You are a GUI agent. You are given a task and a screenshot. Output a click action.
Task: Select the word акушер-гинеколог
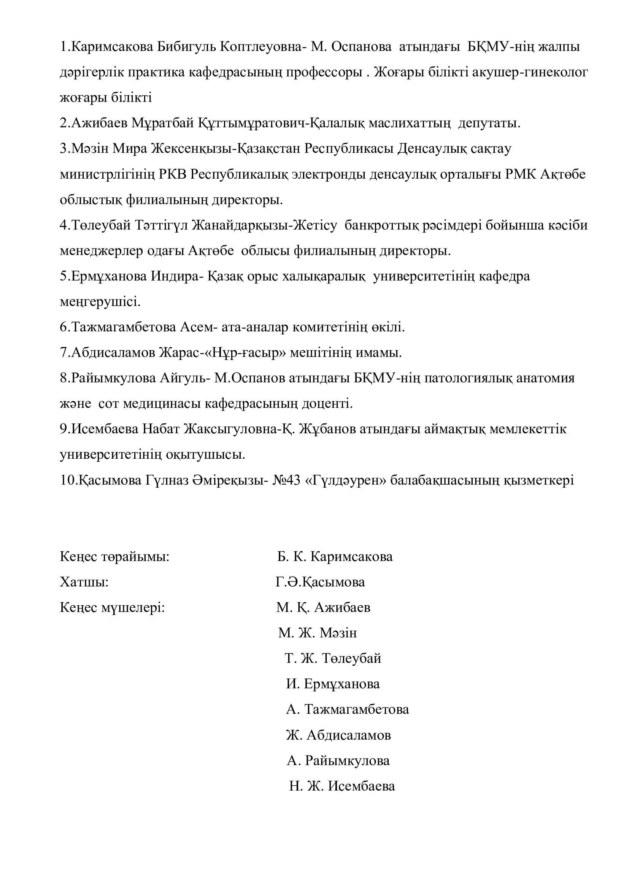tap(530, 73)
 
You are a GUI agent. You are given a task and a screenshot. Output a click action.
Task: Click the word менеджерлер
tap(102, 251)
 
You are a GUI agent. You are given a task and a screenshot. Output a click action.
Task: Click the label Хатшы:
tap(84, 582)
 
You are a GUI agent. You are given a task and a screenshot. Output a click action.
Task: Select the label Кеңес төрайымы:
tap(114, 557)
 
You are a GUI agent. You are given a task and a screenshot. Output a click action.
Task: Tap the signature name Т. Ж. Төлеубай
tap(333, 658)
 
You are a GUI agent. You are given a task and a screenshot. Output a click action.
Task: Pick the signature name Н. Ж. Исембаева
tap(342, 786)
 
